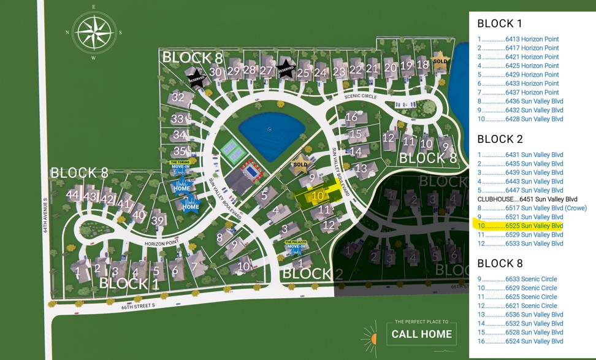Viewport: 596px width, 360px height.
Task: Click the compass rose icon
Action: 94,33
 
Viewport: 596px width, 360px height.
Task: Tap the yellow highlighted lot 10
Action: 318,196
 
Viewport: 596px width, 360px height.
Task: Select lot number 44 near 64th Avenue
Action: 73,195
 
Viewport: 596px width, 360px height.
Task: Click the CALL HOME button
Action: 422,334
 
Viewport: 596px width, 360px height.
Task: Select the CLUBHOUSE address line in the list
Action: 527,199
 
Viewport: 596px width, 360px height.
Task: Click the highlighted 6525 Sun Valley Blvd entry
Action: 519,226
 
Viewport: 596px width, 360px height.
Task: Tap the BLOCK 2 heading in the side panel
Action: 500,139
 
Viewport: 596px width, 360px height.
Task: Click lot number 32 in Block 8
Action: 178,97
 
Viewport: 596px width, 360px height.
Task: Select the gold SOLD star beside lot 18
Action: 440,61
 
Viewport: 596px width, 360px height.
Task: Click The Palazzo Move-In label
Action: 297,247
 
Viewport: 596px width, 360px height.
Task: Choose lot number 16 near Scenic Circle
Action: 351,117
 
